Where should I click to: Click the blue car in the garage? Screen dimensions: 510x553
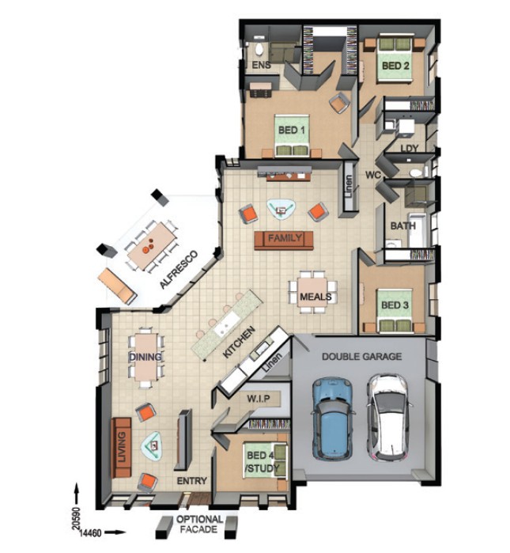tap(332, 419)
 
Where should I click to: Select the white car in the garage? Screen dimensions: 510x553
tap(389, 418)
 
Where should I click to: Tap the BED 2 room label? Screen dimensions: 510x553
tap(395, 66)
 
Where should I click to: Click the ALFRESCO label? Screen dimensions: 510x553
tap(179, 270)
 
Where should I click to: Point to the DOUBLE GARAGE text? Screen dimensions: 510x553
tap(361, 357)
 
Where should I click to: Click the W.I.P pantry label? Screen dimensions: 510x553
tap(259, 399)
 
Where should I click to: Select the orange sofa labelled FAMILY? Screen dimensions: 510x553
tap(284, 241)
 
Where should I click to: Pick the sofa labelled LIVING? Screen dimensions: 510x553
tap(121, 448)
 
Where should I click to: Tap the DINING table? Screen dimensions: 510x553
tap(145, 358)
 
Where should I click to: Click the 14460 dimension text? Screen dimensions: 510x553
tap(90, 533)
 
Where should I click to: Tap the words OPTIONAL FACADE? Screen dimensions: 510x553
tap(199, 524)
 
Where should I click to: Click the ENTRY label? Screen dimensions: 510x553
tap(191, 481)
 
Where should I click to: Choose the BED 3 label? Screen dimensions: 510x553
tap(395, 305)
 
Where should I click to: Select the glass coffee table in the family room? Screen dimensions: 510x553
tap(281, 210)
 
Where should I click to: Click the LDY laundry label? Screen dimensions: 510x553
tap(410, 149)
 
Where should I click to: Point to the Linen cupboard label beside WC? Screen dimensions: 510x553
tap(348, 187)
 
